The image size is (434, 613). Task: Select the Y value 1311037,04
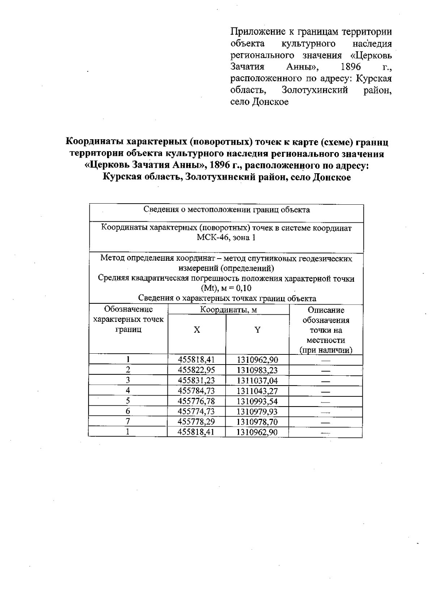[257, 380]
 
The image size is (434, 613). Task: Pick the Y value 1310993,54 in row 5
[257, 401]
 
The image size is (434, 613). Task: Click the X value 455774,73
[196, 412]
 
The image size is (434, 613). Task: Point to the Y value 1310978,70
[257, 422]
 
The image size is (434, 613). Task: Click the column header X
[196, 330]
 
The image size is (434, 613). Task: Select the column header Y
[257, 330]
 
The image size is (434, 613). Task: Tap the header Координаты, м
[229, 310]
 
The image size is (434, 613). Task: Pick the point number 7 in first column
[128, 421]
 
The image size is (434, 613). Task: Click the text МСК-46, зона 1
[226, 238]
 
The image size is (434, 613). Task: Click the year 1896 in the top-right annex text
[350, 67]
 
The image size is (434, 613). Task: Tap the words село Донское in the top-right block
[259, 102]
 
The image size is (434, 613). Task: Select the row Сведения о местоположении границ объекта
[226, 210]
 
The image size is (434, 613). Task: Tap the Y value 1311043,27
[257, 391]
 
